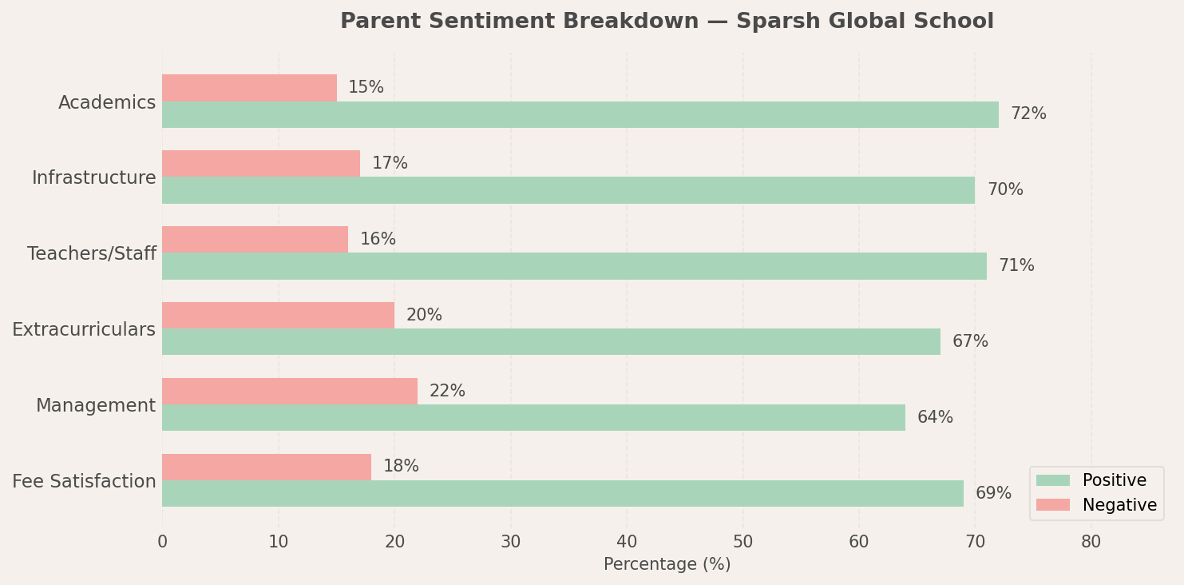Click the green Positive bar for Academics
[x=580, y=114]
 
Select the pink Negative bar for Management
[x=290, y=391]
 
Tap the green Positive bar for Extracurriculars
[x=551, y=341]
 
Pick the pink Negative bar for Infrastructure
[x=261, y=163]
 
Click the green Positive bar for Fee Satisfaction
[x=563, y=493]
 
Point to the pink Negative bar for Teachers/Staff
[x=255, y=239]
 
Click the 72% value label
[x=1028, y=114]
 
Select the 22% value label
[x=447, y=391]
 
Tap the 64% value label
[x=935, y=417]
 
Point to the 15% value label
[x=366, y=87]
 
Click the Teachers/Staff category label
[x=92, y=254]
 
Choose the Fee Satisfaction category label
[x=84, y=482]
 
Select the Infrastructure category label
[x=94, y=178]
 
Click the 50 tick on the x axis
[x=742, y=542]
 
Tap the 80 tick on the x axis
[x=1091, y=542]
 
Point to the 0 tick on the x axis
[x=162, y=542]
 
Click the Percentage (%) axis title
[x=667, y=564]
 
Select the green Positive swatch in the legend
[x=1052, y=480]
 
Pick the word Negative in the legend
[x=1119, y=505]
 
